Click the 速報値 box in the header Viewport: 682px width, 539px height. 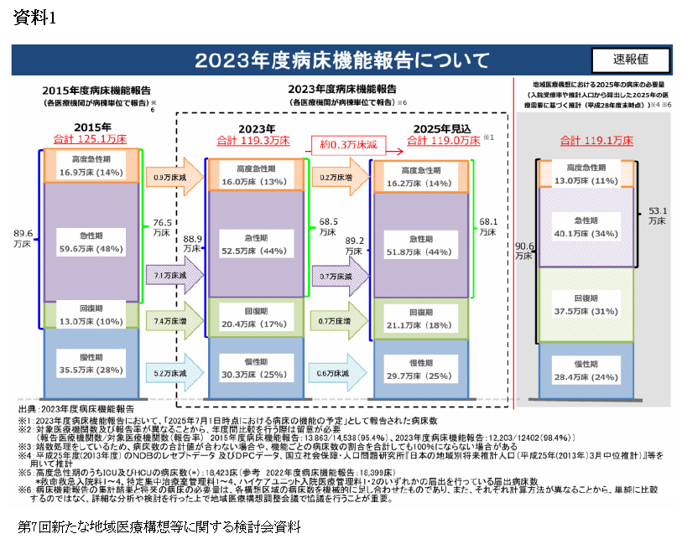[630, 60]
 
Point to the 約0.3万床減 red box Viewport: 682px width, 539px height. [346, 144]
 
